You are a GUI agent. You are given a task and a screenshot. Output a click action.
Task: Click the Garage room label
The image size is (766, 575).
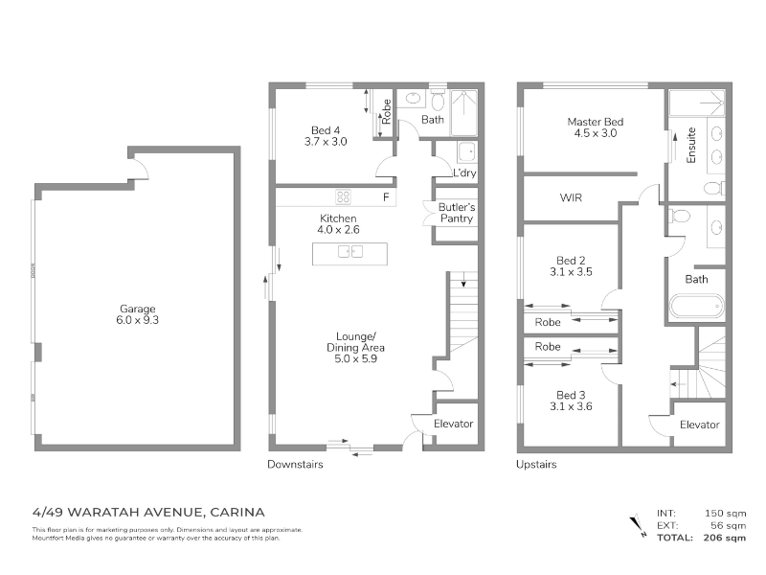[138, 309]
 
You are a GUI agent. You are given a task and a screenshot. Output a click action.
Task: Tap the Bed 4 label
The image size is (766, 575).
[326, 130]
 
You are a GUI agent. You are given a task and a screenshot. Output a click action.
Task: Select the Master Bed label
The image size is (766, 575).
[595, 122]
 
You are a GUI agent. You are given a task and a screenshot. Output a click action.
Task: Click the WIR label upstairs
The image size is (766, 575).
[571, 197]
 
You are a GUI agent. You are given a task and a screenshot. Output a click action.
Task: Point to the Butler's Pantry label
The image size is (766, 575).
[457, 213]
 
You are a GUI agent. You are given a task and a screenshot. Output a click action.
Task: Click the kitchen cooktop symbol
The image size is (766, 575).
[343, 196]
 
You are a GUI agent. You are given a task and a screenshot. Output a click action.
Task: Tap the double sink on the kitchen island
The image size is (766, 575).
[350, 251]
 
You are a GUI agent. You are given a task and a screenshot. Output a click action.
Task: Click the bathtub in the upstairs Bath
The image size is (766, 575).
[697, 306]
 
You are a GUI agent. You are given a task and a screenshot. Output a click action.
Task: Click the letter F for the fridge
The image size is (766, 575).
[386, 197]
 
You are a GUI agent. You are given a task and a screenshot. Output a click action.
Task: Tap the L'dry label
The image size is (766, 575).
[464, 172]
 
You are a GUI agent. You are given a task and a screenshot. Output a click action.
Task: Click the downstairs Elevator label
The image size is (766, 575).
[453, 424]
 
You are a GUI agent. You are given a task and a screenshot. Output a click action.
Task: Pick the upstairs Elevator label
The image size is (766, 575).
[700, 425]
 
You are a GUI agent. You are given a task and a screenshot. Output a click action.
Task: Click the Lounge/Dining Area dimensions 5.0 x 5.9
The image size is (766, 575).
[355, 358]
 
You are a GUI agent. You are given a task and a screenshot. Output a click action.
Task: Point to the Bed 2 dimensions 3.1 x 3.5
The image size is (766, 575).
[571, 272]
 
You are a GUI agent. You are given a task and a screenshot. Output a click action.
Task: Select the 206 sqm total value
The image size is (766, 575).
[725, 538]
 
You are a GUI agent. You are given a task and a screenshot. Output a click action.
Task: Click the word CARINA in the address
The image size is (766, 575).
[237, 513]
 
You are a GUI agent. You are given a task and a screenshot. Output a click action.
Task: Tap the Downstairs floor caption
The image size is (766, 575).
[295, 465]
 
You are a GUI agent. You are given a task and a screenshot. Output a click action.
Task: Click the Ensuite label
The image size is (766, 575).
[690, 146]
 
